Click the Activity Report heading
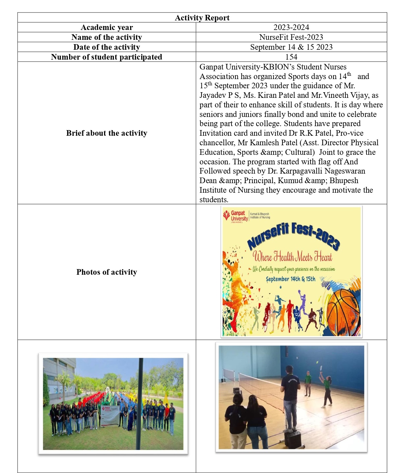202,18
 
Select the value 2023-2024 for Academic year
291,27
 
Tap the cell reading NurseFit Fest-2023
291,37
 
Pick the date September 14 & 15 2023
291,47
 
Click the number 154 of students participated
291,57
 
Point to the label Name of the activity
106,37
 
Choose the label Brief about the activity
106,133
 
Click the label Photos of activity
106,272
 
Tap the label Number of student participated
106,57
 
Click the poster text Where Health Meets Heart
292,257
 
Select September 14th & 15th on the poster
290,279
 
